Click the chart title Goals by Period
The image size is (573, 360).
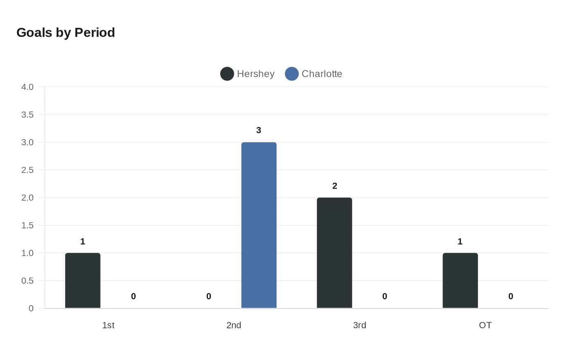click(x=65, y=32)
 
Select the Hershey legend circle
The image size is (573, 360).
click(x=227, y=74)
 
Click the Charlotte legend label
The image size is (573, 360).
click(x=322, y=74)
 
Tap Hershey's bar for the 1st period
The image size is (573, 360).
click(x=83, y=281)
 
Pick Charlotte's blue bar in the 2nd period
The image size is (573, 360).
click(x=259, y=225)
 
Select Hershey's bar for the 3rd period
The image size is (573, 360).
click(x=334, y=253)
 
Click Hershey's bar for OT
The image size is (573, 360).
click(x=460, y=281)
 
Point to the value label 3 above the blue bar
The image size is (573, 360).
click(x=259, y=130)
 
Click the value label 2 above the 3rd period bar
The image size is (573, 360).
click(x=335, y=186)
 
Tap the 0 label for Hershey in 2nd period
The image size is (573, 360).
click(x=209, y=296)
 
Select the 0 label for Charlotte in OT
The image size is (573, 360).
click(x=511, y=296)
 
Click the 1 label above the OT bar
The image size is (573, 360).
click(x=460, y=241)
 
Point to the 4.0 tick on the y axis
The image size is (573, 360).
click(x=27, y=87)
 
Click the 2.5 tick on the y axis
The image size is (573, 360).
click(x=27, y=170)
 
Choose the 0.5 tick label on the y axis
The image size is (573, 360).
click(x=27, y=281)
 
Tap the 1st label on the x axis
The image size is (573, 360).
click(x=108, y=325)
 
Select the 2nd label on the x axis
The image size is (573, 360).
click(x=234, y=325)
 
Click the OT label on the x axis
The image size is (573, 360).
click(x=485, y=325)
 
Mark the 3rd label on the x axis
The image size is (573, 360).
click(x=359, y=325)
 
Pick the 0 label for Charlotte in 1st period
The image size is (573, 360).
click(x=133, y=296)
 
